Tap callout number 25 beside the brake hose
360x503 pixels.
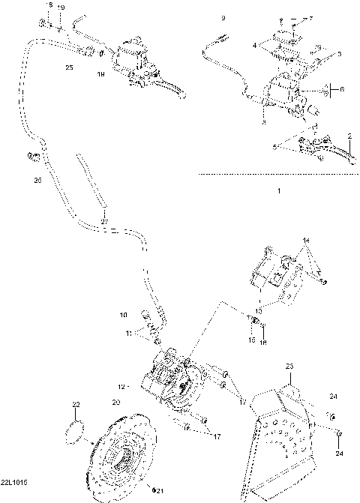(x=69, y=67)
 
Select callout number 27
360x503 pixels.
(x=105, y=220)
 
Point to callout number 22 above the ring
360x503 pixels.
(x=75, y=405)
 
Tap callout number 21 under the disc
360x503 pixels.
(x=158, y=490)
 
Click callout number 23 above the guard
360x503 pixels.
(x=288, y=367)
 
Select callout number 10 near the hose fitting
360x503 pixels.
(x=124, y=315)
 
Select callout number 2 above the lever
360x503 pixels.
(x=350, y=135)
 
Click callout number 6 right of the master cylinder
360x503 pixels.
(x=342, y=88)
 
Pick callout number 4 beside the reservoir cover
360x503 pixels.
(x=255, y=46)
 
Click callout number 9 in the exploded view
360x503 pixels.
(x=222, y=16)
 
